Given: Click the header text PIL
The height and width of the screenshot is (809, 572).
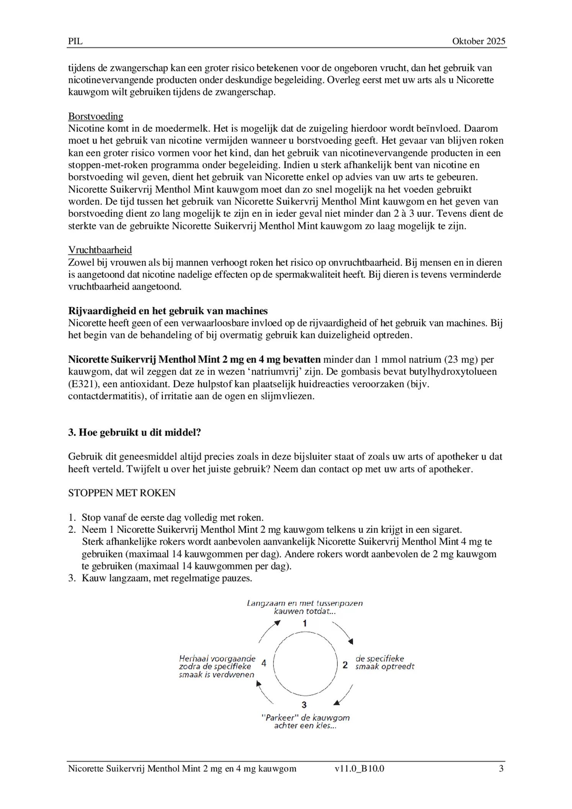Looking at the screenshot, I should [x=75, y=41].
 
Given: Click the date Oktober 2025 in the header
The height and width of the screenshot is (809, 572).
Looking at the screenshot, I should [x=478, y=41].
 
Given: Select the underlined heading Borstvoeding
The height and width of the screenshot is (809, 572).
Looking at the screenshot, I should [x=96, y=116].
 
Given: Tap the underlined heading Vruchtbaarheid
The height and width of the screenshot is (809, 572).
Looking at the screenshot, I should [x=100, y=250].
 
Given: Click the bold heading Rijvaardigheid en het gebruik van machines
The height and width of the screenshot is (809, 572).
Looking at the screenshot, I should [x=168, y=311].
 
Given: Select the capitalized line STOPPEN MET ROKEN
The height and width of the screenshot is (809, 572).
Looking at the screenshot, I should [x=122, y=493].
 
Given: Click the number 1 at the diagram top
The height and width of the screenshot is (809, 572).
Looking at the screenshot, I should [x=305, y=624].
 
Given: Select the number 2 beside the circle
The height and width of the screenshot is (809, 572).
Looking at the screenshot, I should [x=345, y=665].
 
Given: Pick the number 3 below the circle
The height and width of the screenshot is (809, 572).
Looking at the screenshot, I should [x=304, y=705].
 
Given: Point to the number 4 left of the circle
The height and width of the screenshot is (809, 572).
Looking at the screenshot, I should [x=264, y=663].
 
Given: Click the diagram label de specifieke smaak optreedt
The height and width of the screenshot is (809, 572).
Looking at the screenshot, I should [x=384, y=663].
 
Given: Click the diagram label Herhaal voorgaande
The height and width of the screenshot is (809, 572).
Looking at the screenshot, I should [x=217, y=658].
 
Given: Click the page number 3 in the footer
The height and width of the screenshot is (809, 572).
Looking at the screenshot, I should [x=501, y=768].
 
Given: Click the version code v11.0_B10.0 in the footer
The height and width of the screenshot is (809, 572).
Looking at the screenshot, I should [x=359, y=768].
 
